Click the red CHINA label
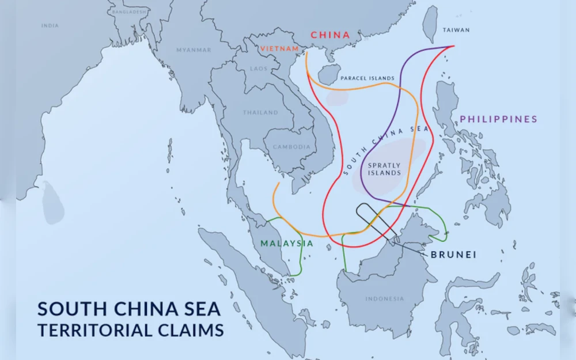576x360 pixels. click(x=330, y=35)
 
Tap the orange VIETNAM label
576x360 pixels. click(x=279, y=49)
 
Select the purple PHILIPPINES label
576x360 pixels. click(x=498, y=119)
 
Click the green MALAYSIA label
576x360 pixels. click(x=287, y=244)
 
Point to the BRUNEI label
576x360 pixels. click(x=453, y=254)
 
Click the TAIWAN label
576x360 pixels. click(x=456, y=30)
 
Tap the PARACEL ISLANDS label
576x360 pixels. click(x=367, y=78)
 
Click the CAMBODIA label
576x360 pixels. click(x=291, y=147)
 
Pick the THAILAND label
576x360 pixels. click(x=260, y=112)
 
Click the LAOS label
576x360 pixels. click(x=259, y=69)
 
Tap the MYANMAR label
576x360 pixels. click(x=194, y=50)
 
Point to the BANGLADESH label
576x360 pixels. click(x=129, y=12)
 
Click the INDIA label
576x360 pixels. click(x=50, y=25)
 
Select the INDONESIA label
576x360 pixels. click(x=385, y=298)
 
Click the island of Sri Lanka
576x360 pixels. click(x=52, y=202)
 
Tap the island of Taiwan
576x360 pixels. click(x=430, y=24)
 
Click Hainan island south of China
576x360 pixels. click(x=329, y=75)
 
